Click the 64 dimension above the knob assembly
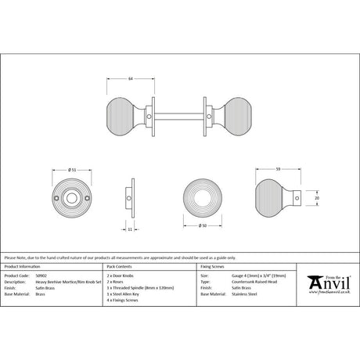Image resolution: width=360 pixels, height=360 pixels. (x=129, y=78)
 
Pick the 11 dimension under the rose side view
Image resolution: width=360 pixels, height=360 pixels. (x=130, y=230)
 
